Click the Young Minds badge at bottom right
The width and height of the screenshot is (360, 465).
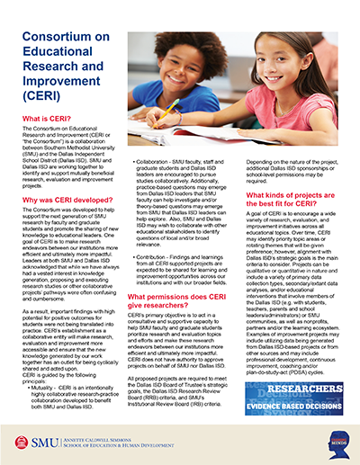(339, 440)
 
